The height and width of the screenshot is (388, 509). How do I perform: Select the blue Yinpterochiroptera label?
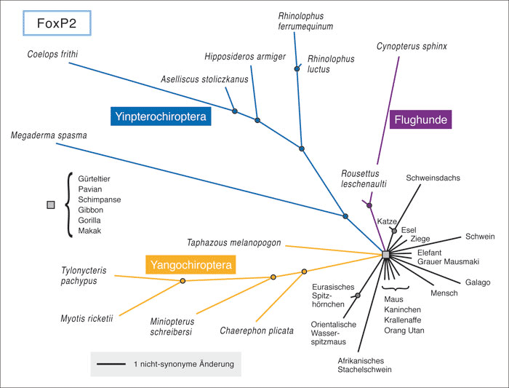pos(161,116)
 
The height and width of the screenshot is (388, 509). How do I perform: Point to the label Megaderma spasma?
pos(47,136)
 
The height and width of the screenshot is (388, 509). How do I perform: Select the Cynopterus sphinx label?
pos(412,47)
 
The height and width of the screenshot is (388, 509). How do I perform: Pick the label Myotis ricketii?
pos(89,317)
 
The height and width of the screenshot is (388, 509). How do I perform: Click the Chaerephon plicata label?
pos(257,330)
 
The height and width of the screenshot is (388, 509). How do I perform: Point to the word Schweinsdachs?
pos(433,178)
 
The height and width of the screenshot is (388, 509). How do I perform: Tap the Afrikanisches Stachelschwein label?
pos(364,364)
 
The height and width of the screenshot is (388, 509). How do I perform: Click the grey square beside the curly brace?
pos(50,205)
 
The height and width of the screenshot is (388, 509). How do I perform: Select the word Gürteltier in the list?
pos(95,179)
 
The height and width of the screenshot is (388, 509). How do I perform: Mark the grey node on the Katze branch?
pos(393,231)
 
